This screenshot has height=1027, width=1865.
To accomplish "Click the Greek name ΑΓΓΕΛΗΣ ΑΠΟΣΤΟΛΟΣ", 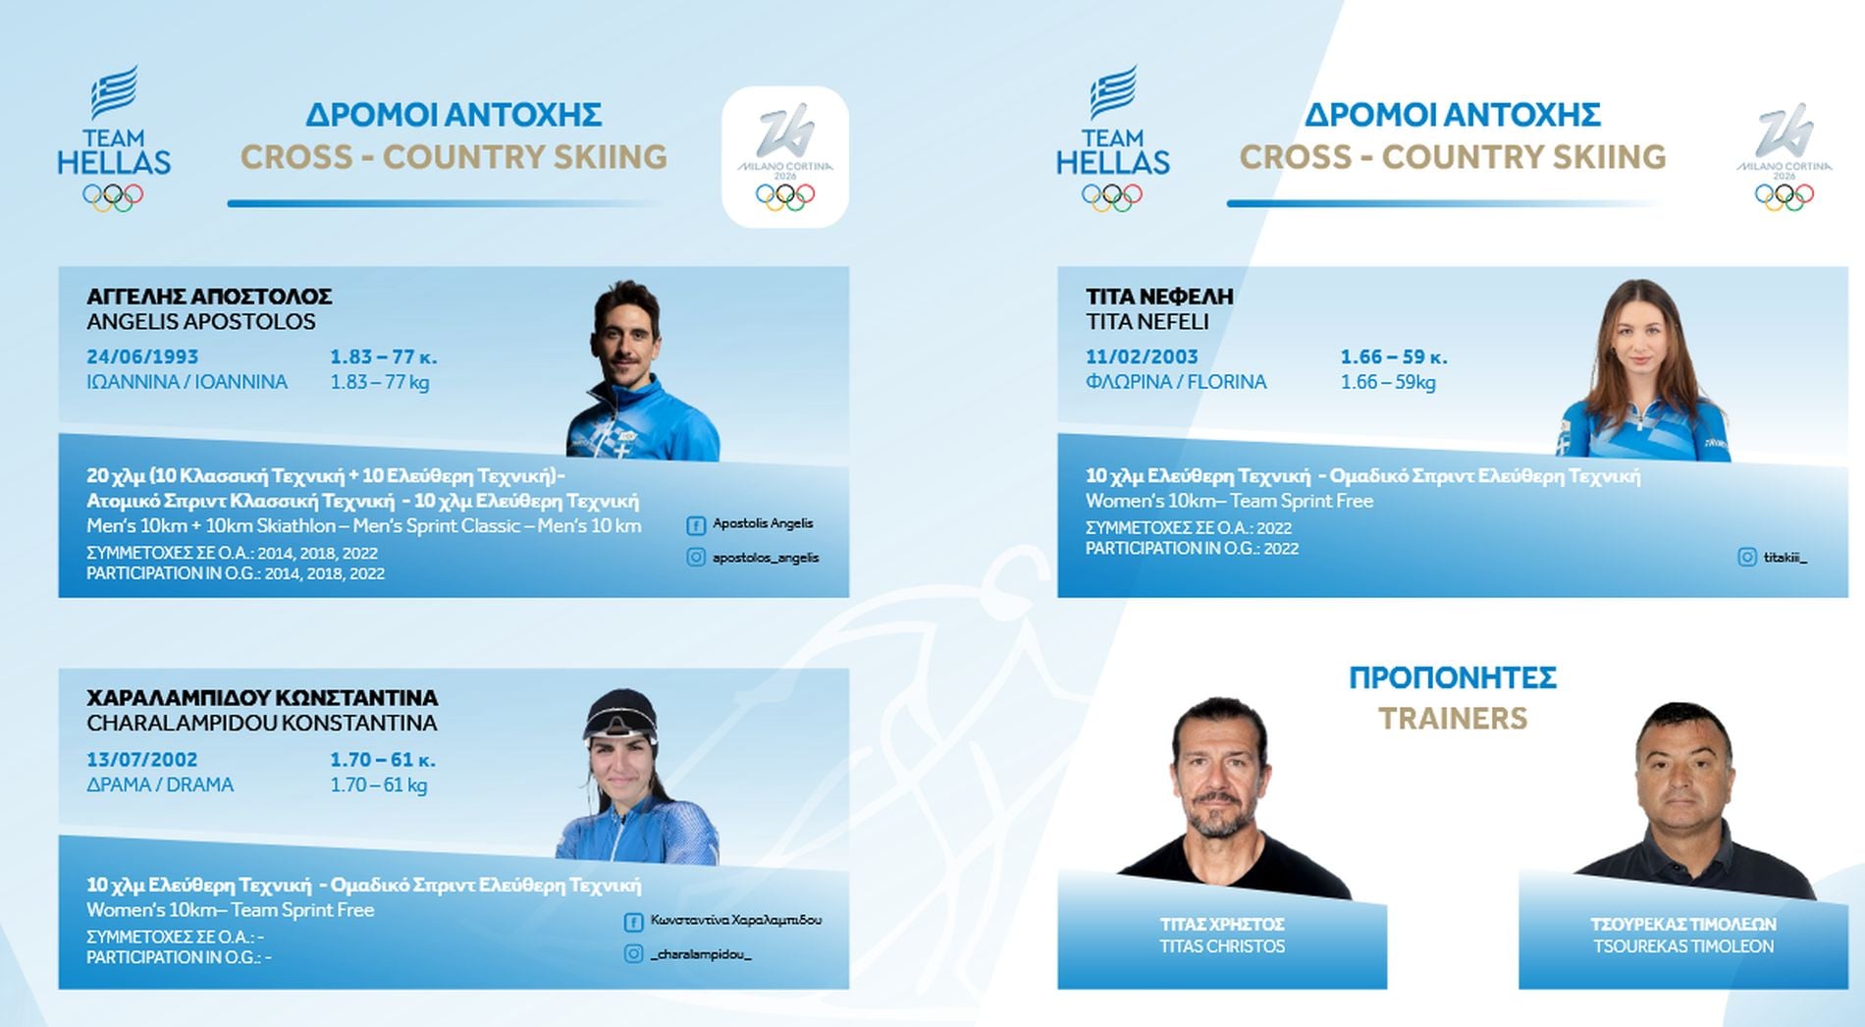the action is pyautogui.click(x=209, y=296).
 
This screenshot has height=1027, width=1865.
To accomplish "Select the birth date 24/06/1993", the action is pyautogui.click(x=142, y=356).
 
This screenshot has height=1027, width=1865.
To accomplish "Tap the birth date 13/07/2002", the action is pyautogui.click(x=142, y=759).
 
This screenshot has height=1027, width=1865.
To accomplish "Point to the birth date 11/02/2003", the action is pyautogui.click(x=1142, y=356).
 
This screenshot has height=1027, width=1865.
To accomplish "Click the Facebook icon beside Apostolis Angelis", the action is pyautogui.click(x=696, y=525).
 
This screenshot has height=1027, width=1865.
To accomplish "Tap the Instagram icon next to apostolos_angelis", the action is pyautogui.click(x=696, y=557).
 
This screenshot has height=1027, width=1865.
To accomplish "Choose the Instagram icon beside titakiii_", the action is pyautogui.click(x=1747, y=557).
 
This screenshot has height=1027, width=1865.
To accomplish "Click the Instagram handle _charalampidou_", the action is pyautogui.click(x=701, y=954).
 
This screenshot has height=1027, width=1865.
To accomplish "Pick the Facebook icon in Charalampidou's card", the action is pyautogui.click(x=633, y=922).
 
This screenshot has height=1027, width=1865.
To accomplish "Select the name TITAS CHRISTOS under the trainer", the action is pyautogui.click(x=1222, y=946).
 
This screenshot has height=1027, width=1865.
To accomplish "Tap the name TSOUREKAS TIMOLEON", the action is pyautogui.click(x=1683, y=946).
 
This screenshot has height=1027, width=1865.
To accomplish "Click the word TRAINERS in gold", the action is pyautogui.click(x=1453, y=719).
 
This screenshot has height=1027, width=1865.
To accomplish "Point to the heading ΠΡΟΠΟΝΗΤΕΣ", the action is pyautogui.click(x=1453, y=677).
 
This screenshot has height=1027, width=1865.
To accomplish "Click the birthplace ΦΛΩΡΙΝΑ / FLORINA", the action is pyautogui.click(x=1176, y=382).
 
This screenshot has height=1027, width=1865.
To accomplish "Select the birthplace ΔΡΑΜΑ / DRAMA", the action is pyautogui.click(x=160, y=784).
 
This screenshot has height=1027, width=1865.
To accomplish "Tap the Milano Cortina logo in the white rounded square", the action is pyautogui.click(x=785, y=157).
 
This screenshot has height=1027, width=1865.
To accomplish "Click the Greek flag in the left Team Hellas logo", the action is pyautogui.click(x=115, y=91).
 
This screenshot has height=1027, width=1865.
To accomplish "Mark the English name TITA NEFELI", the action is pyautogui.click(x=1147, y=322).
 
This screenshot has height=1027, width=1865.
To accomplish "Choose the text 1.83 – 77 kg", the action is pyautogui.click(x=380, y=382).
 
